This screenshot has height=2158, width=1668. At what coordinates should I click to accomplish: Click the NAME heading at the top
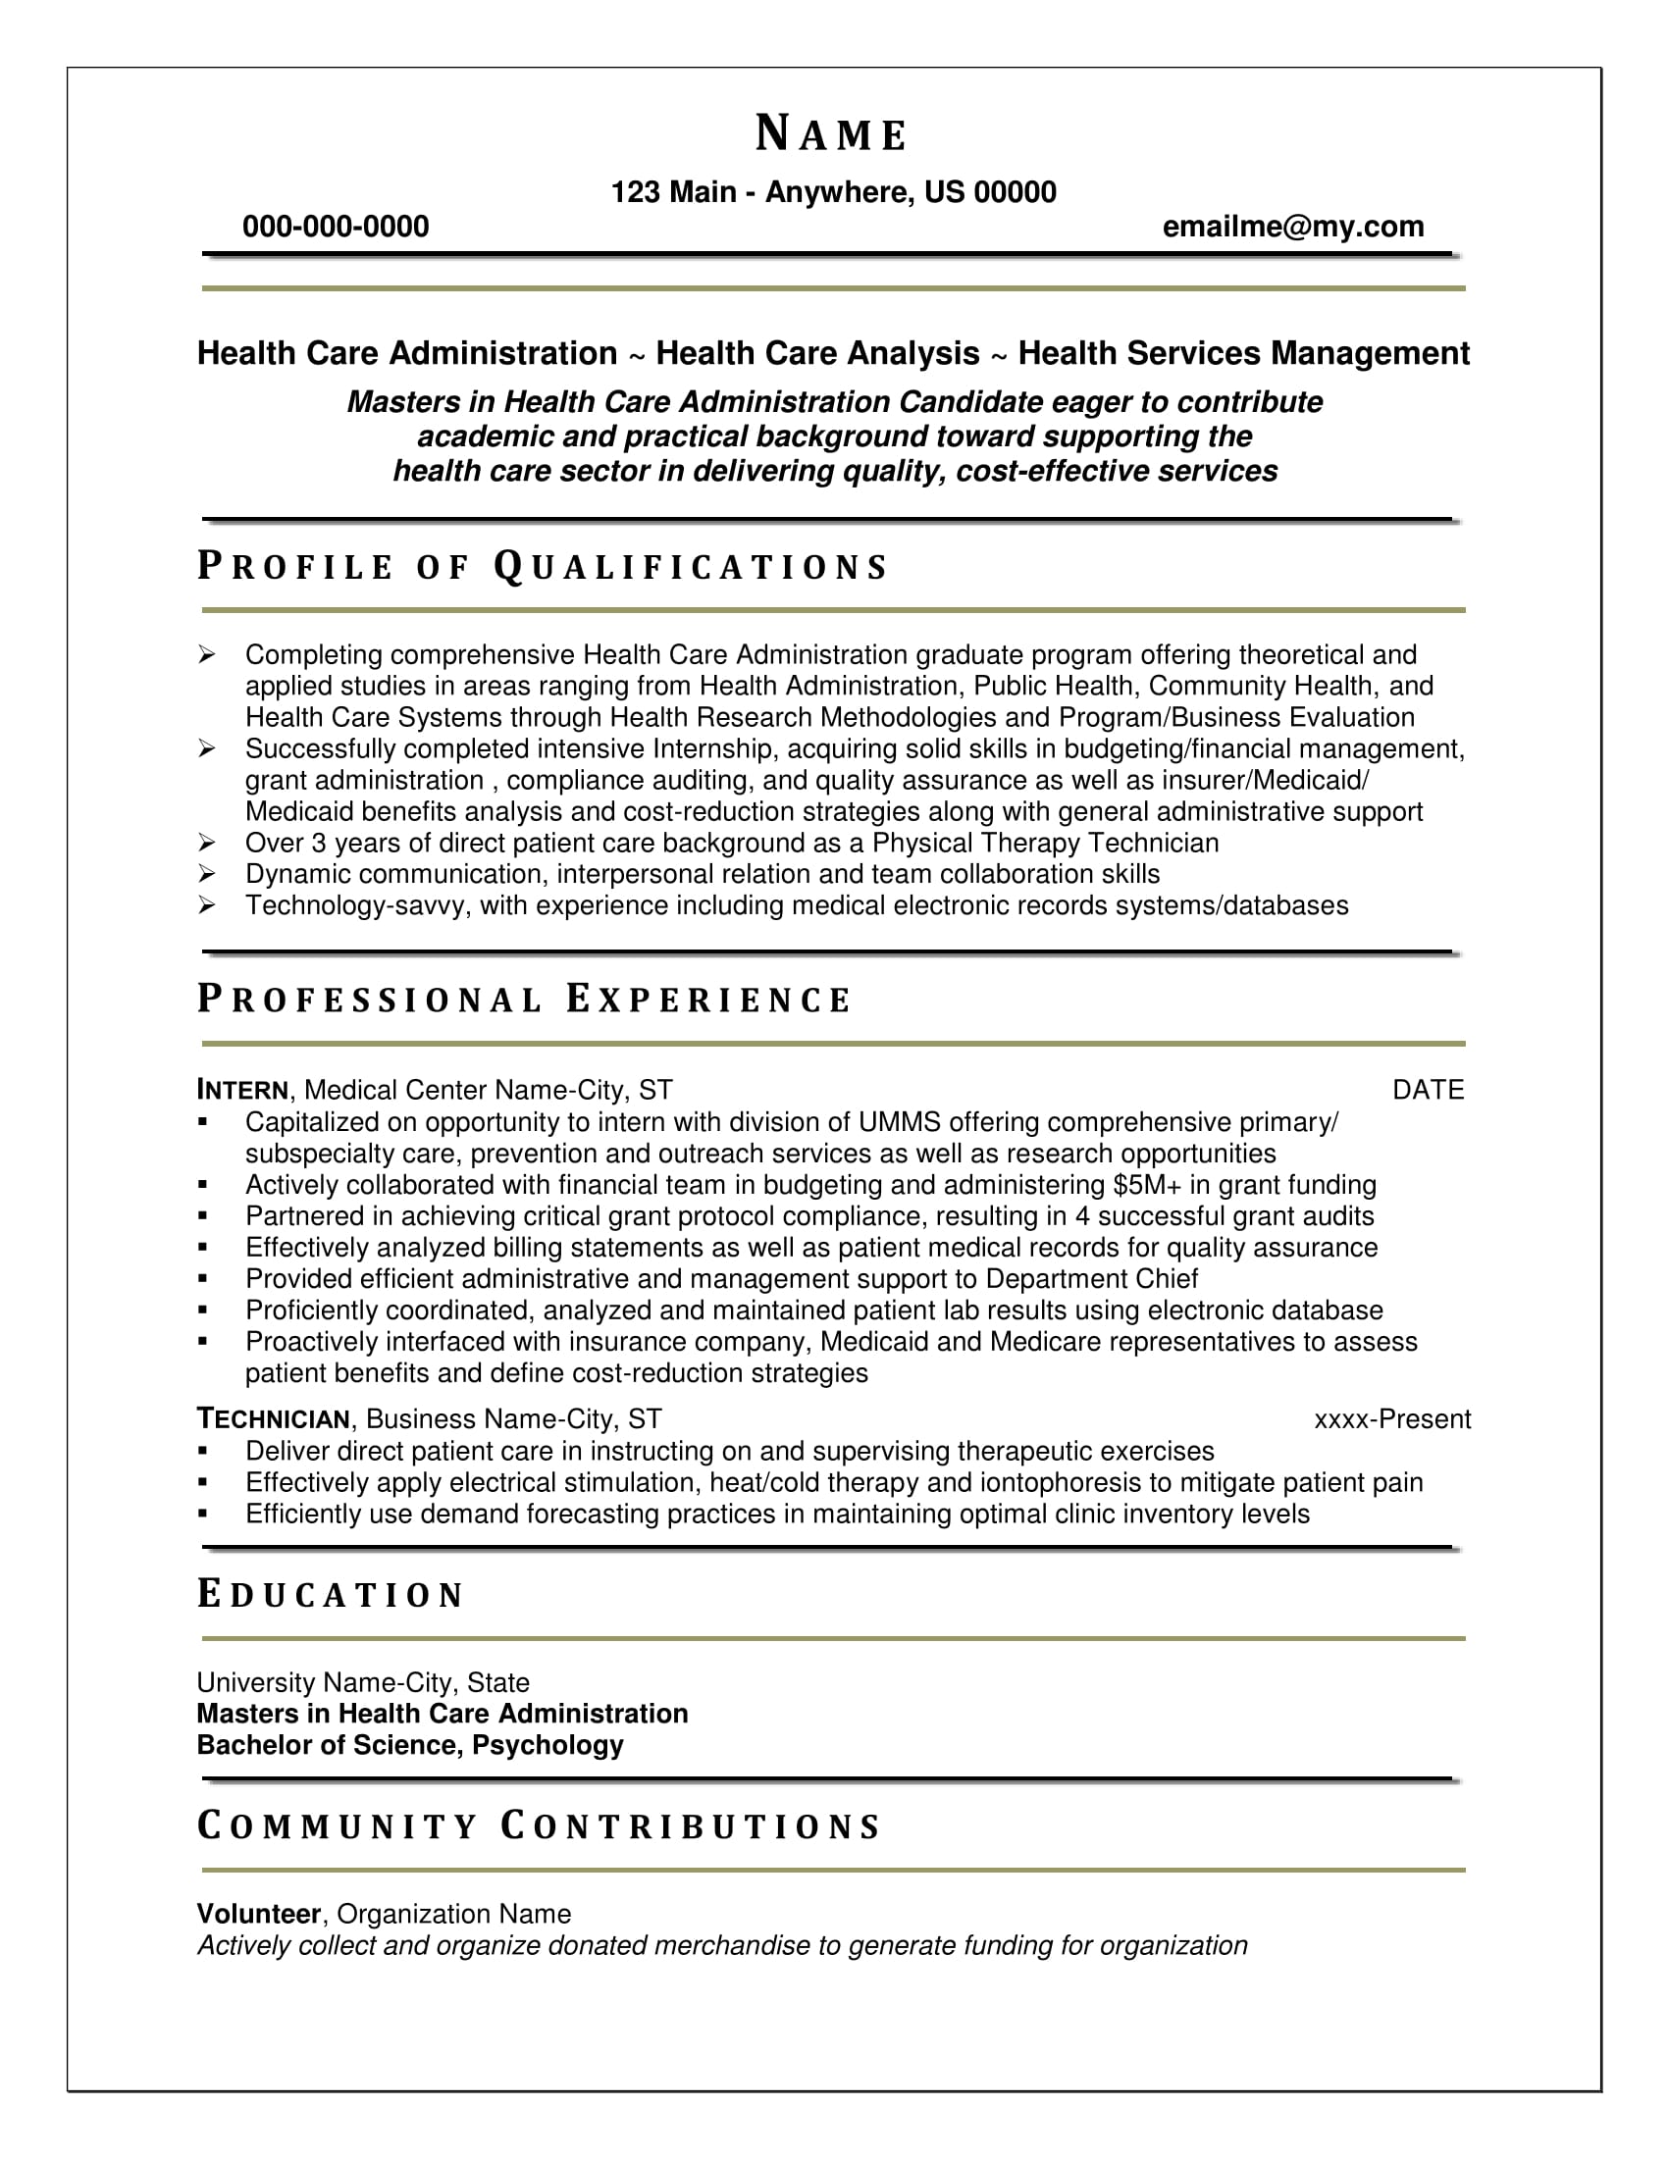831,134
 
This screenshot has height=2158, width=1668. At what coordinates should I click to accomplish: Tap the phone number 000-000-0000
336,228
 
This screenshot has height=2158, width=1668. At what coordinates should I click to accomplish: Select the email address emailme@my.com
1292,228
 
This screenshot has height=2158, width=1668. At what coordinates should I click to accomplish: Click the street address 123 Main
673,191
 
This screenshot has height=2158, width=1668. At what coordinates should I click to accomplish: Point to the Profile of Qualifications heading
543,567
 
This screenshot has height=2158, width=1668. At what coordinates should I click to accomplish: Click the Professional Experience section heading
524,1000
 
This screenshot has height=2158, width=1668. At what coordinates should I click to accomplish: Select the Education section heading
330,1595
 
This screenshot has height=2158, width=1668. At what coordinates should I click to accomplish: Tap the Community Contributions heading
539,1826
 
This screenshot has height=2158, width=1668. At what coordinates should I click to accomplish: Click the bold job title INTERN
242,1090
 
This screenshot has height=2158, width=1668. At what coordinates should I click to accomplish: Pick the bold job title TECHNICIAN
273,1419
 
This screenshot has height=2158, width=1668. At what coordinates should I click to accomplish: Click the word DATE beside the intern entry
1428,1090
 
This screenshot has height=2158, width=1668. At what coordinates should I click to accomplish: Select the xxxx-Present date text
1391,1419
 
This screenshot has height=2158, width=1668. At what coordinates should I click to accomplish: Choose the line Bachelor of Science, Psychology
410,1745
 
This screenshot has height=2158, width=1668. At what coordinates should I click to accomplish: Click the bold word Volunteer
259,1914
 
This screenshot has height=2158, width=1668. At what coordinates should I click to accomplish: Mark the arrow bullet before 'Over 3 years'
206,843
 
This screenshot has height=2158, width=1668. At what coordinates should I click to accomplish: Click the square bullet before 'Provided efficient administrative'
203,1278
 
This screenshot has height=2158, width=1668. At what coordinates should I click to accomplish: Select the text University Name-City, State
363,1682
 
